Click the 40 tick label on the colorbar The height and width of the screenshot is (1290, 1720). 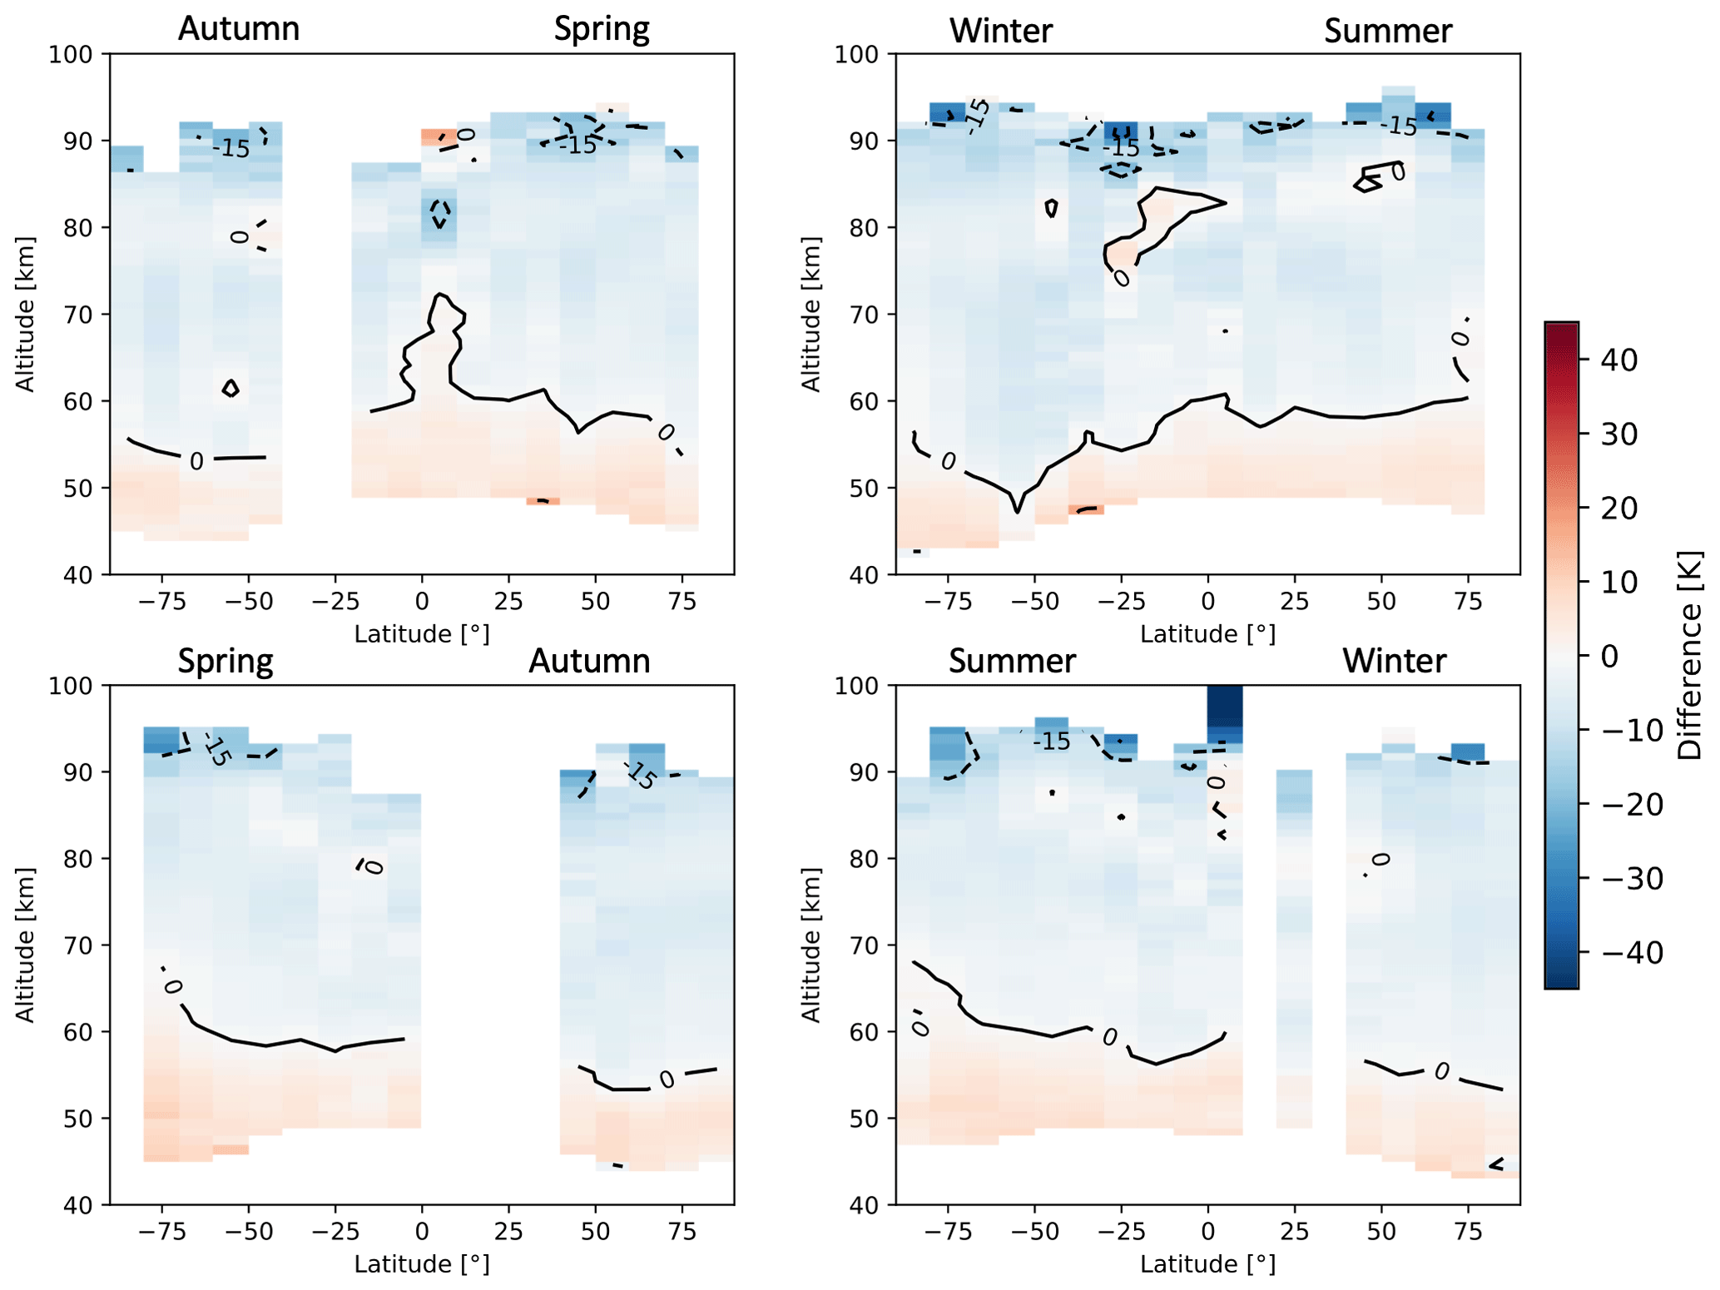click(x=1618, y=360)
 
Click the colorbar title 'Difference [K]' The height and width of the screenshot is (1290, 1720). click(x=1690, y=655)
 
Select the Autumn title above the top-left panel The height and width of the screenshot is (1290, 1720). click(x=239, y=29)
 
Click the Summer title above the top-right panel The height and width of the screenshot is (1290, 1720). click(x=1387, y=32)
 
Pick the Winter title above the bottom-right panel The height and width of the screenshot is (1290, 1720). click(x=1394, y=661)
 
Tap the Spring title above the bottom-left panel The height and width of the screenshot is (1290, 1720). click(x=226, y=661)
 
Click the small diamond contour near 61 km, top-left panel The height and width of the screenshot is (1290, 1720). click(x=230, y=388)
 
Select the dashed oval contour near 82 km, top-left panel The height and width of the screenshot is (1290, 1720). click(x=440, y=214)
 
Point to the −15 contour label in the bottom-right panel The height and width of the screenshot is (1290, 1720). click(x=1052, y=741)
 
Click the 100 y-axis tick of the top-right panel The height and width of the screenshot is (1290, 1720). click(x=856, y=55)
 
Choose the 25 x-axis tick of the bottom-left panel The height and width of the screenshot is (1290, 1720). click(x=508, y=1231)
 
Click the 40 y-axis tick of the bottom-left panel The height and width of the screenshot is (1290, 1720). click(x=81, y=1205)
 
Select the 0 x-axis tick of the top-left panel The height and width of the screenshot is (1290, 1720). click(x=422, y=601)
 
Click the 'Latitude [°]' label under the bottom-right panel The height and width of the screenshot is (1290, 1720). click(x=1207, y=1264)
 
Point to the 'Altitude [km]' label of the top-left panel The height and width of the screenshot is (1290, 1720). click(x=26, y=314)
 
